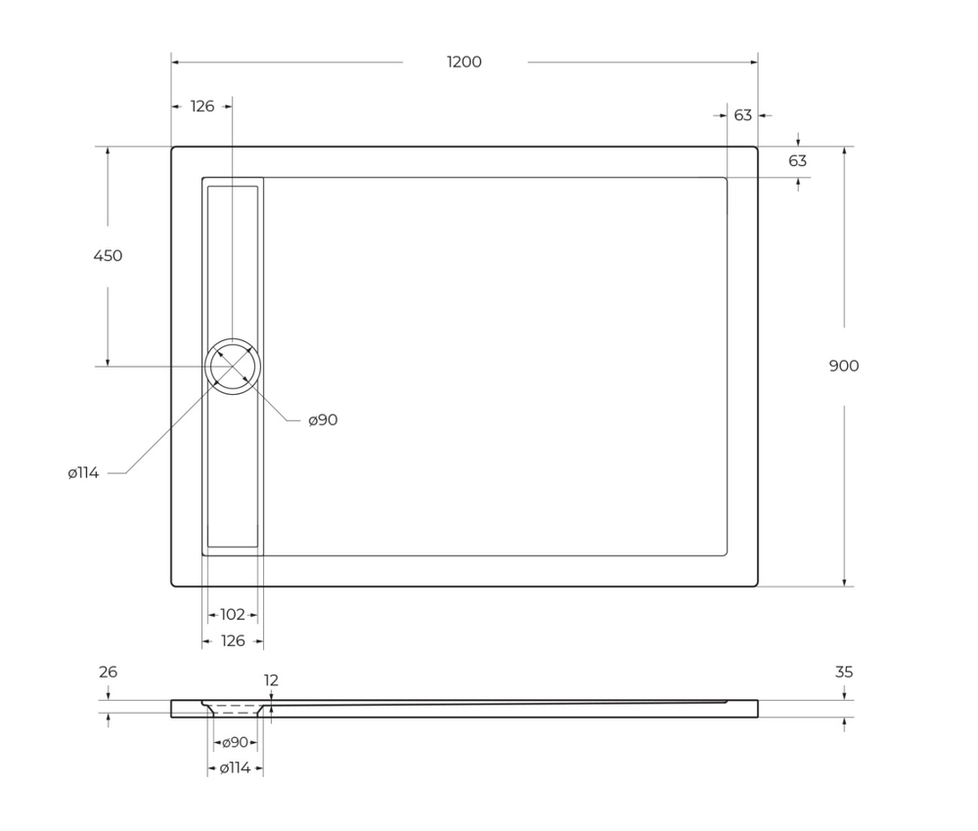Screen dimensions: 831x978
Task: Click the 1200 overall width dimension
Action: pyautogui.click(x=465, y=63)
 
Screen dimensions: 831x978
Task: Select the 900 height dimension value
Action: pyautogui.click(x=844, y=366)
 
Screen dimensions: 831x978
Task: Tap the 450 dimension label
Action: pyautogui.click(x=108, y=256)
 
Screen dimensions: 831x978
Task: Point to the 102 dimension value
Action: pyautogui.click(x=233, y=615)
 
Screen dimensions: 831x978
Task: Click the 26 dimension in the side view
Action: pyautogui.click(x=108, y=673)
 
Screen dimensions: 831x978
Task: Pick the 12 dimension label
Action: pyautogui.click(x=271, y=680)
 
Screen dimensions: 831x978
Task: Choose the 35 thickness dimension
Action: pyautogui.click(x=844, y=673)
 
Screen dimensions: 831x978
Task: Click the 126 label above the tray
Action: pyautogui.click(x=201, y=107)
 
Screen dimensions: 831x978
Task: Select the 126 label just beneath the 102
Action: pyautogui.click(x=233, y=641)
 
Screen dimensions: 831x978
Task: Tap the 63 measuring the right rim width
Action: pyautogui.click(x=743, y=115)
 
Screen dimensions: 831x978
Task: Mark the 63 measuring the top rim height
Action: pyautogui.click(x=798, y=161)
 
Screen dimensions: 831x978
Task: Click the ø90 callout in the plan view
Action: pyautogui.click(x=323, y=420)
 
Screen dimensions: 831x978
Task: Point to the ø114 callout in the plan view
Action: pyautogui.click(x=84, y=473)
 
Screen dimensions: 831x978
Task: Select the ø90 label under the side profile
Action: pyautogui.click(x=235, y=743)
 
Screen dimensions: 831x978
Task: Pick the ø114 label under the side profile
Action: pyautogui.click(x=235, y=768)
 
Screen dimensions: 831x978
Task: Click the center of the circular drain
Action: pyautogui.click(x=233, y=367)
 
